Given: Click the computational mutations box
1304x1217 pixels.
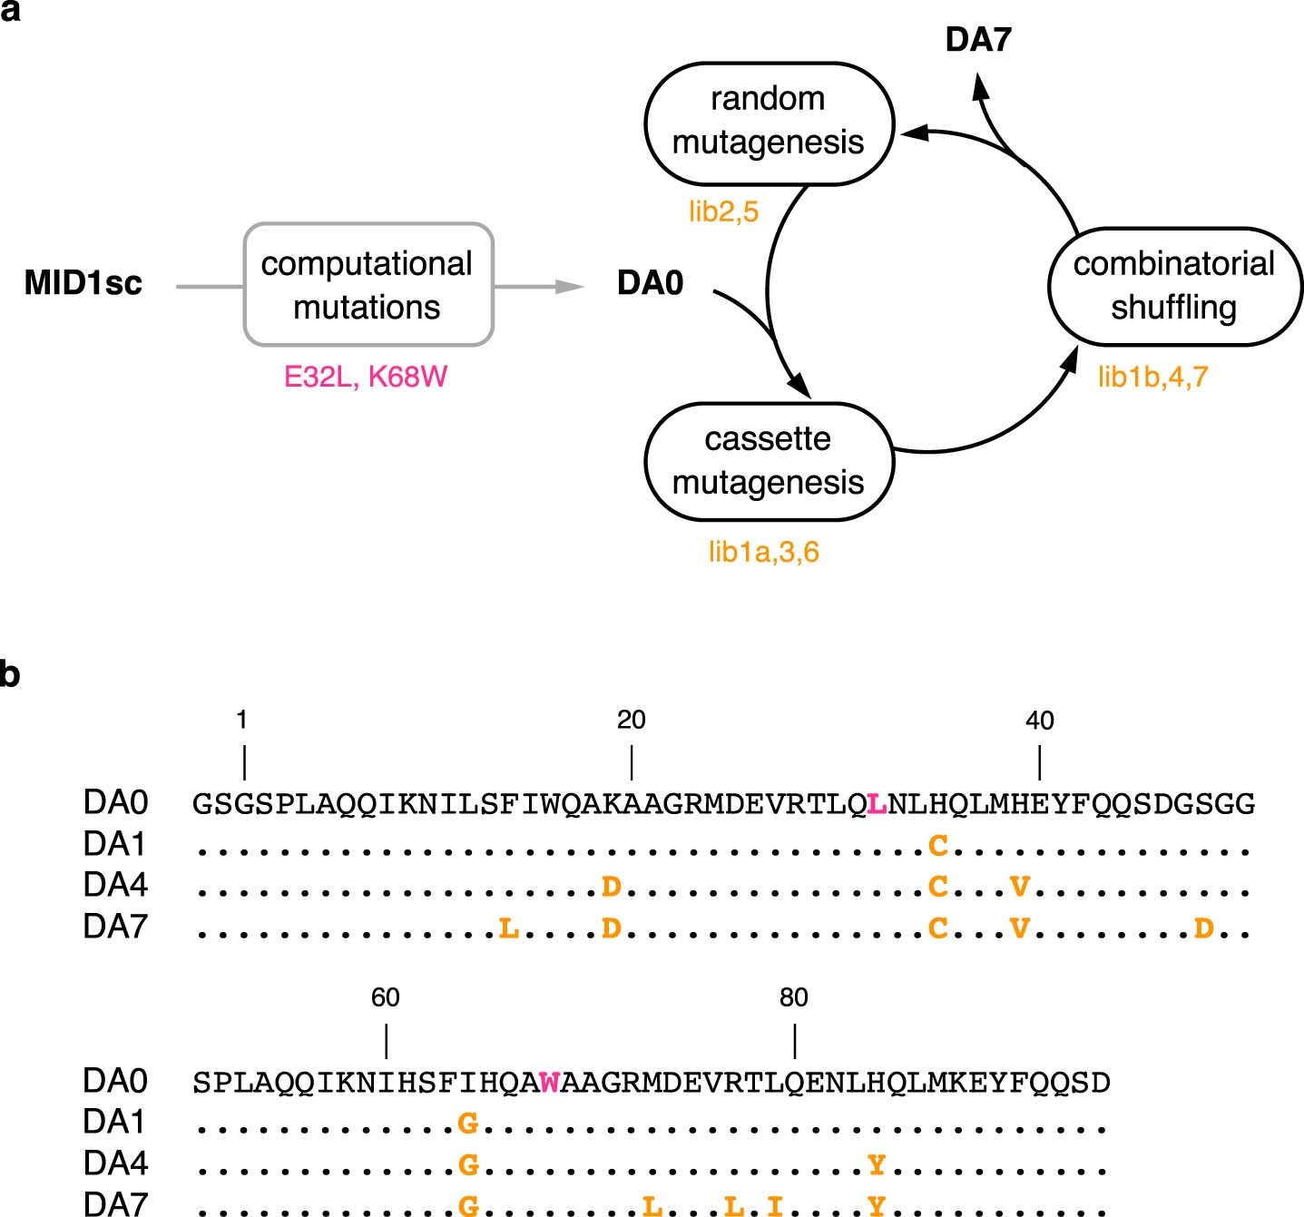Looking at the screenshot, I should tap(368, 285).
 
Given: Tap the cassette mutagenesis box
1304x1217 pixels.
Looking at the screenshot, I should tap(769, 461).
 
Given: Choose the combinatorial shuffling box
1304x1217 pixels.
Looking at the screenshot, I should tap(1174, 285).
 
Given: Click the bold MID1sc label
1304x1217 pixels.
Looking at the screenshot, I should tap(83, 283).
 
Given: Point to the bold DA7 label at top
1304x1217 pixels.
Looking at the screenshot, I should tap(977, 40).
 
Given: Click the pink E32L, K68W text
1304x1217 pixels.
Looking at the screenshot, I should tap(366, 377).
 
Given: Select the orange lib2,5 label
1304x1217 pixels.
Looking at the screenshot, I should tap(723, 212).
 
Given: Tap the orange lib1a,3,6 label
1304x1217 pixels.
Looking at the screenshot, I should tap(763, 552).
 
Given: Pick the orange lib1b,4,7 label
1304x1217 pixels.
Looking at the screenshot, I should tap(1152, 377).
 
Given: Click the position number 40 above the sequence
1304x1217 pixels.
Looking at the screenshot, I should tap(1039, 721).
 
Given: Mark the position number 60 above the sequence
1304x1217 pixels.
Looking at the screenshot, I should tap(385, 997).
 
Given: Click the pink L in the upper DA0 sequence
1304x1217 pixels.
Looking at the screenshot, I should tap(876, 804).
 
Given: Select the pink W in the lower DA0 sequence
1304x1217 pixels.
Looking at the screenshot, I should tap(549, 1083).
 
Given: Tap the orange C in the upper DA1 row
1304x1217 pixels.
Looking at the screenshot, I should tap(938, 846).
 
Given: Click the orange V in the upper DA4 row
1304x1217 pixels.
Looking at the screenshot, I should tap(1020, 886).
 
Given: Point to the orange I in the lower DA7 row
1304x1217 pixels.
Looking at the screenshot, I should tap(774, 1205).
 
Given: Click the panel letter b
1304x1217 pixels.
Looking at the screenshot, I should tap(10, 675).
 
